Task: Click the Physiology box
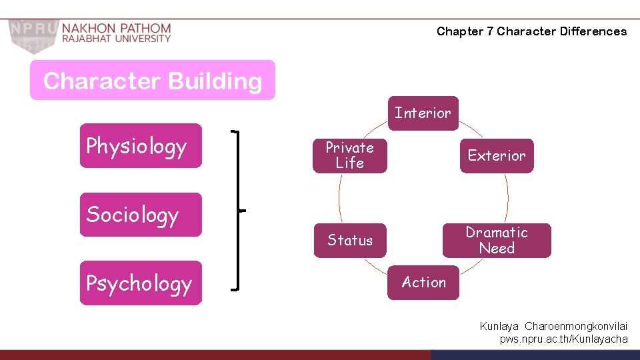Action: [140, 145]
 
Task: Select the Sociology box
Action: [140, 215]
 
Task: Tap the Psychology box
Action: [140, 283]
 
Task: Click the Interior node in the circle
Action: [423, 113]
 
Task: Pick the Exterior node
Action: [496, 156]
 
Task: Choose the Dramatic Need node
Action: [496, 241]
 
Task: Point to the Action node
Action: [423, 283]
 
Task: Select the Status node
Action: [349, 241]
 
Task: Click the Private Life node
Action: [349, 155]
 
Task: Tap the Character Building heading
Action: [152, 81]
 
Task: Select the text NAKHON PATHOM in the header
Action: [117, 28]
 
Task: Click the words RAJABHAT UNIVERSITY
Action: [117, 39]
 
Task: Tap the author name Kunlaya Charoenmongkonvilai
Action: [553, 327]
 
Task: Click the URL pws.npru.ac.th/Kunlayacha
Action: [563, 339]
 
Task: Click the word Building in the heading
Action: [215, 81]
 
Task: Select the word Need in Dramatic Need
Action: [497, 249]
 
